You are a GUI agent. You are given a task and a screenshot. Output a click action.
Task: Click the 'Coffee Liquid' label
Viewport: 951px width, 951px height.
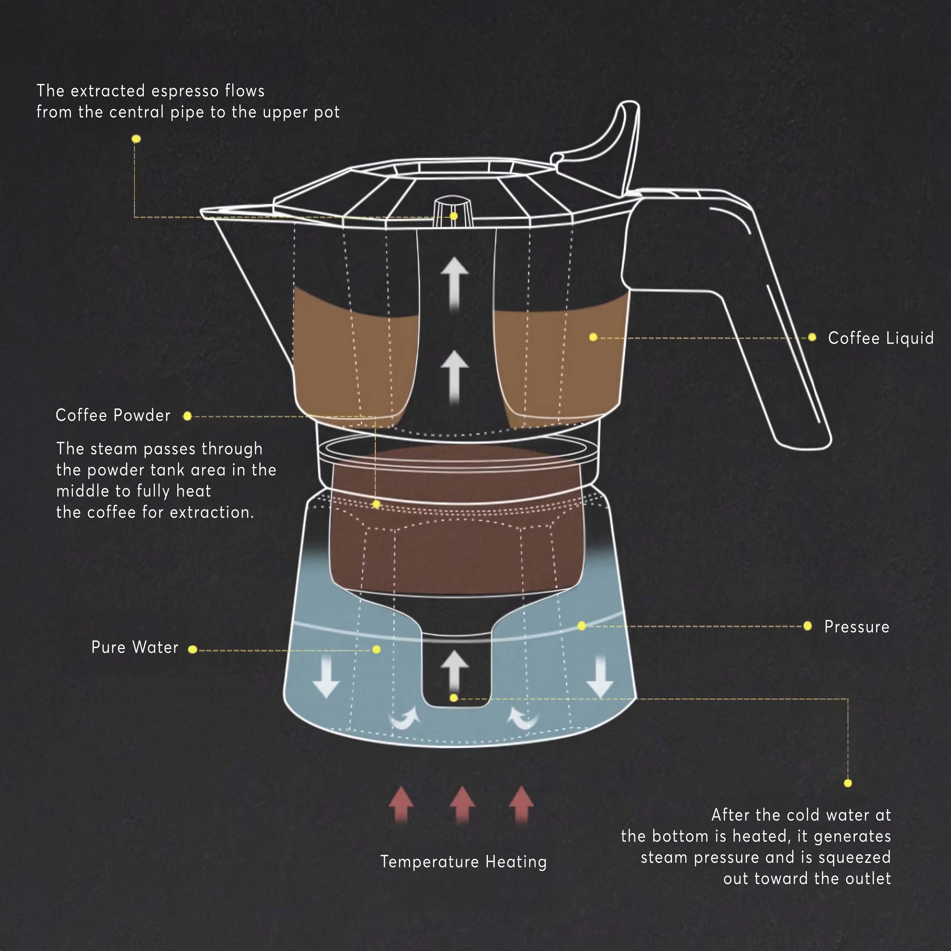pyautogui.click(x=881, y=338)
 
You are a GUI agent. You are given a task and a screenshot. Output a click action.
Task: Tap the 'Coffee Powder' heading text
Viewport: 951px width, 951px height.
pyautogui.click(x=113, y=415)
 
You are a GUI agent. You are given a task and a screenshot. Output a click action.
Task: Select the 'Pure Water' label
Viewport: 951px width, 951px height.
pyautogui.click(x=135, y=648)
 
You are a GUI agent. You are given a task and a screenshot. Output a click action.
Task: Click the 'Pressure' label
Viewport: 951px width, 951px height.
pyautogui.click(x=857, y=627)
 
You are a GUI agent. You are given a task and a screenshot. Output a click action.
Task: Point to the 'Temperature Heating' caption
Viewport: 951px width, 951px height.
pyautogui.click(x=463, y=862)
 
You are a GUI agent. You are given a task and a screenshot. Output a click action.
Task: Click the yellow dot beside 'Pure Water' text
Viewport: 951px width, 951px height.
pyautogui.click(x=193, y=650)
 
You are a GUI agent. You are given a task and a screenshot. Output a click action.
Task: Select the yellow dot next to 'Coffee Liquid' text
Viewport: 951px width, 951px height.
pyautogui.click(x=812, y=337)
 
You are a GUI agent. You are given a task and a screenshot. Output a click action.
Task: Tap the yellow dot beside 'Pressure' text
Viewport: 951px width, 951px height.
pyautogui.click(x=807, y=626)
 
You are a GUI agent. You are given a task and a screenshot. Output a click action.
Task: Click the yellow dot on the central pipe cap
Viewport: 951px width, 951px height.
pyautogui.click(x=454, y=216)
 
